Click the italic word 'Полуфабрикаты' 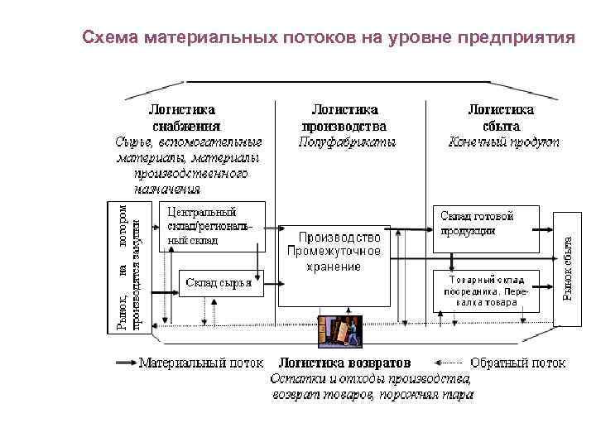(346, 142)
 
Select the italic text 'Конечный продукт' (503, 142)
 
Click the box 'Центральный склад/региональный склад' (211, 226)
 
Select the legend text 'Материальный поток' (201, 363)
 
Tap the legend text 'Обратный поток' (517, 363)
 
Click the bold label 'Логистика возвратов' (346, 363)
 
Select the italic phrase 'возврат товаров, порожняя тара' (372, 396)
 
